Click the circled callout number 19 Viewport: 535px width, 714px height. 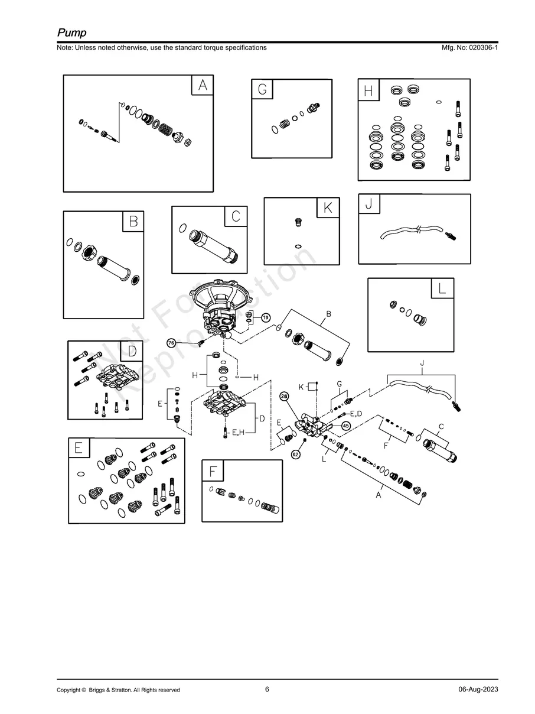click(266, 317)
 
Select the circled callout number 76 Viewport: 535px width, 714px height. click(171, 343)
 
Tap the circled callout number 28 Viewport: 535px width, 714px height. click(284, 396)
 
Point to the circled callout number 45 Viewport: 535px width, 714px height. click(345, 426)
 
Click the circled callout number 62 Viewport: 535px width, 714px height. click(296, 455)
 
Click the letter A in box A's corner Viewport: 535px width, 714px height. click(203, 85)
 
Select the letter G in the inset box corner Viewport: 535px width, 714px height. click(262, 89)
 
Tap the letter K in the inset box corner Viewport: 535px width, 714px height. click(328, 207)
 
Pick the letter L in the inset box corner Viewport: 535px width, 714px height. click(442, 288)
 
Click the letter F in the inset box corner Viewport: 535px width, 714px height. click(213, 471)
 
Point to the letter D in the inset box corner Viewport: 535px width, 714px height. click(132, 351)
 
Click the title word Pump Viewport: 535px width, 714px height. click(72, 33)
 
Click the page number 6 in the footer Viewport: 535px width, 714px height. click(267, 689)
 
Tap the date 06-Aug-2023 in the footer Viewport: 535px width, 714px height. click(478, 689)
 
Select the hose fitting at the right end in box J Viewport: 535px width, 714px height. click(451, 236)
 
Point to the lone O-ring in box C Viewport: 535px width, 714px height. click(182, 228)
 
